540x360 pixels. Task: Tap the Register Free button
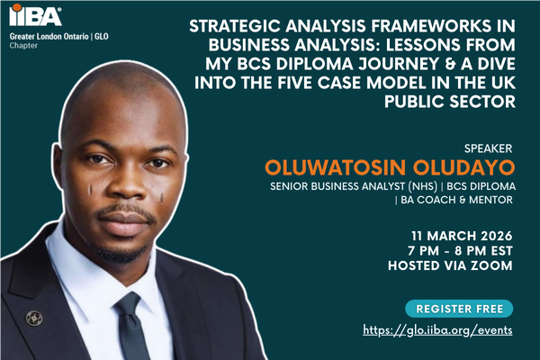click(x=459, y=309)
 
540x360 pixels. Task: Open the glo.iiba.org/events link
click(x=438, y=330)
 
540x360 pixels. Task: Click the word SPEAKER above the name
click(x=490, y=147)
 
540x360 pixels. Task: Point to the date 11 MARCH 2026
click(x=462, y=230)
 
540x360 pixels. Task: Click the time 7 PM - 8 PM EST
click(x=461, y=247)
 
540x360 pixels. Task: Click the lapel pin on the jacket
click(x=35, y=317)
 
